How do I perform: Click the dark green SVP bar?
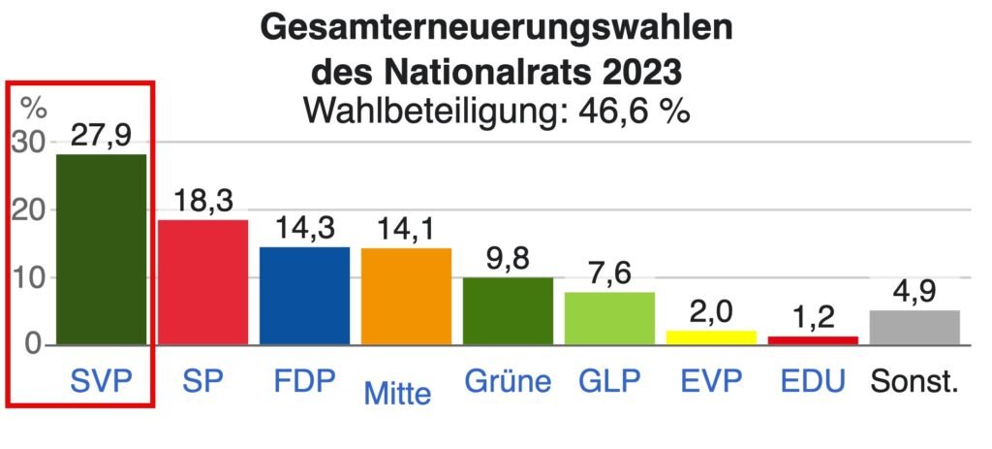tap(101, 248)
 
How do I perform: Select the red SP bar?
tap(202, 281)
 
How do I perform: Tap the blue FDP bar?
tap(304, 295)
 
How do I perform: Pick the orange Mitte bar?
tap(406, 296)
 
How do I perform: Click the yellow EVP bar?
tap(711, 337)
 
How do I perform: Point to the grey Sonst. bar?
tap(914, 327)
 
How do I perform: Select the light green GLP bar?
tap(609, 318)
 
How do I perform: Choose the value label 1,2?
tap(813, 317)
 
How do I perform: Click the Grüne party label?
tap(507, 381)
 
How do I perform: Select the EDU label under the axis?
tap(812, 381)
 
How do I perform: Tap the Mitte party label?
tap(397, 393)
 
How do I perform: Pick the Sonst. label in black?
tap(914, 381)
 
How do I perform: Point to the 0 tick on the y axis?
tap(34, 344)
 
